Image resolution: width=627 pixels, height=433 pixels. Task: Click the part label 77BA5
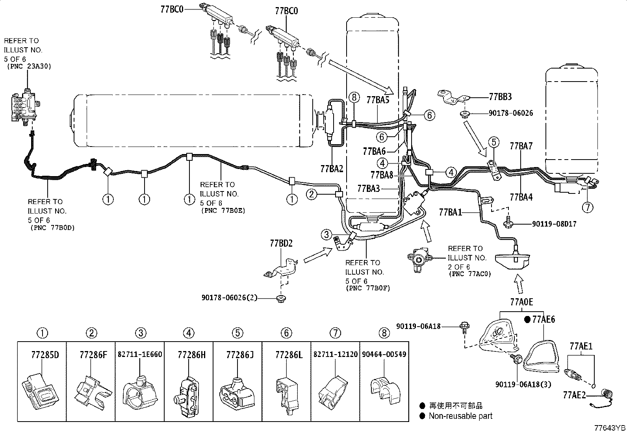[x=378, y=100]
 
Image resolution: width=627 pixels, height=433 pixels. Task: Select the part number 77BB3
[x=500, y=97]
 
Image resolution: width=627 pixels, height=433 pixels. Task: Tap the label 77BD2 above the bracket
[x=281, y=243]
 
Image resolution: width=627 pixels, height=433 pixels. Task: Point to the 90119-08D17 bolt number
[x=554, y=224]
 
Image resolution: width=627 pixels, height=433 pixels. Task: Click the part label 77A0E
[x=521, y=302]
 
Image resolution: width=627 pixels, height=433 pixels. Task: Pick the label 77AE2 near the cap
[x=574, y=395]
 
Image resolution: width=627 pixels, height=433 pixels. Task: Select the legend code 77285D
[x=45, y=355]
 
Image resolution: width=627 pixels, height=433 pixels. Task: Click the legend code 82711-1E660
[x=140, y=354]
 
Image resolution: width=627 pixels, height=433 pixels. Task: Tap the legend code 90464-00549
[x=384, y=354]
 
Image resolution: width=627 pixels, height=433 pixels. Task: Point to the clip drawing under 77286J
[x=237, y=392]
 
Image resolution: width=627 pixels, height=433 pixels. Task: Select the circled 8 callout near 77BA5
[x=354, y=97]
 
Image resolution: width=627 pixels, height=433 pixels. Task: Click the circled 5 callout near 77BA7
[x=494, y=142]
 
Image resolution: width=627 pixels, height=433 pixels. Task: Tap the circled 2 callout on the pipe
[x=312, y=194]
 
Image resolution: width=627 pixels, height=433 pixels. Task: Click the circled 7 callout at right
[x=588, y=207]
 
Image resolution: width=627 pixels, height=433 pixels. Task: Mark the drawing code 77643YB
[x=610, y=428]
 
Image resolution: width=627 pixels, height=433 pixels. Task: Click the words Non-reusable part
[x=460, y=416]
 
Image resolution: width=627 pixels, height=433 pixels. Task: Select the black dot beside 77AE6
[x=527, y=319]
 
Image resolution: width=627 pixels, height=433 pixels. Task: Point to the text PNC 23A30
[x=29, y=66]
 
